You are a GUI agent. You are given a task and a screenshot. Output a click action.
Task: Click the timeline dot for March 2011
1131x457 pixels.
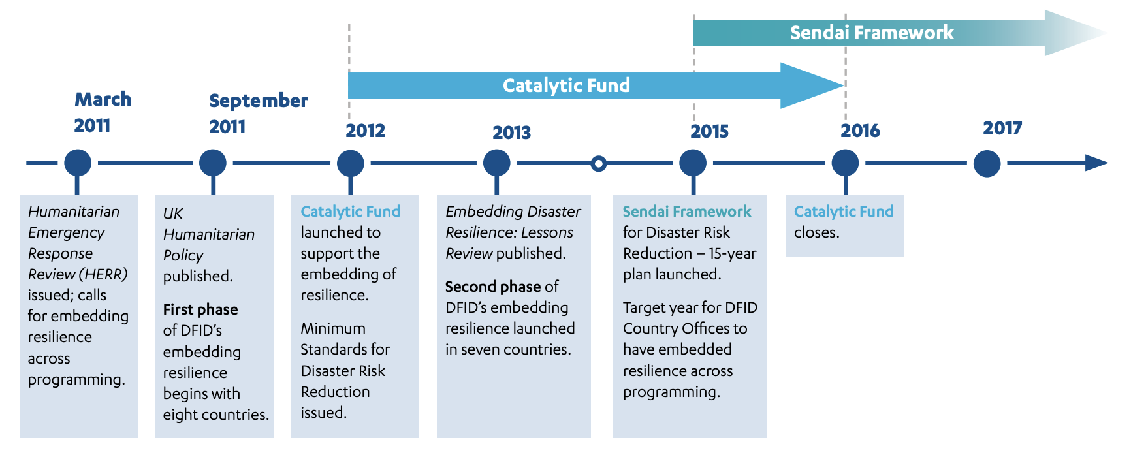point(78,163)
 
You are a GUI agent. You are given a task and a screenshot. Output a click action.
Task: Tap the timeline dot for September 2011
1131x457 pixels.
point(213,163)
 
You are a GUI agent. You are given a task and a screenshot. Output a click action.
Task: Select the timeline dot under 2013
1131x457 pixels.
point(497,163)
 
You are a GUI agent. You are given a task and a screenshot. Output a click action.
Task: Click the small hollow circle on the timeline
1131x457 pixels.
point(598,163)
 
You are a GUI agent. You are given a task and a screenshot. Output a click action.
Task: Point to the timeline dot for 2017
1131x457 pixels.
point(987,163)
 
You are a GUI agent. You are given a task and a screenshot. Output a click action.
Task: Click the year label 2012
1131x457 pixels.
point(365,131)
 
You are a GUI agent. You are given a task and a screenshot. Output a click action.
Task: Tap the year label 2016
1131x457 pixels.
point(860,131)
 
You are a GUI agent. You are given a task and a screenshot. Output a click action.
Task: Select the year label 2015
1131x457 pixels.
point(709,131)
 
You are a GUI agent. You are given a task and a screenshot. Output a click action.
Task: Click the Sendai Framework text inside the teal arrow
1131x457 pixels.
point(872,33)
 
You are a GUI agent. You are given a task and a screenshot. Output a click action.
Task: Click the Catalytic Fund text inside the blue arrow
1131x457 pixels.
point(566,86)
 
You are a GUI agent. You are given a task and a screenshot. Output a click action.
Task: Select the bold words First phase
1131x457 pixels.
point(200,309)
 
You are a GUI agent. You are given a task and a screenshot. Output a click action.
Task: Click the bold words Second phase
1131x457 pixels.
point(493,287)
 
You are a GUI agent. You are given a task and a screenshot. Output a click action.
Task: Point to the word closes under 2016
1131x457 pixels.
point(816,232)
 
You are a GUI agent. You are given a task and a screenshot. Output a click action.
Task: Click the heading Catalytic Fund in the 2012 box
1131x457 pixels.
point(350,212)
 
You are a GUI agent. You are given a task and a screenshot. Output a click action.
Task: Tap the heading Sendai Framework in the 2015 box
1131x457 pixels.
point(686,212)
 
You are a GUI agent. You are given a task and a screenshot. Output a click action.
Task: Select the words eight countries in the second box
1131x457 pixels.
point(215,415)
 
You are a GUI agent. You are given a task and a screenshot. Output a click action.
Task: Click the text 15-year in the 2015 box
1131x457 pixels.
point(732,253)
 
